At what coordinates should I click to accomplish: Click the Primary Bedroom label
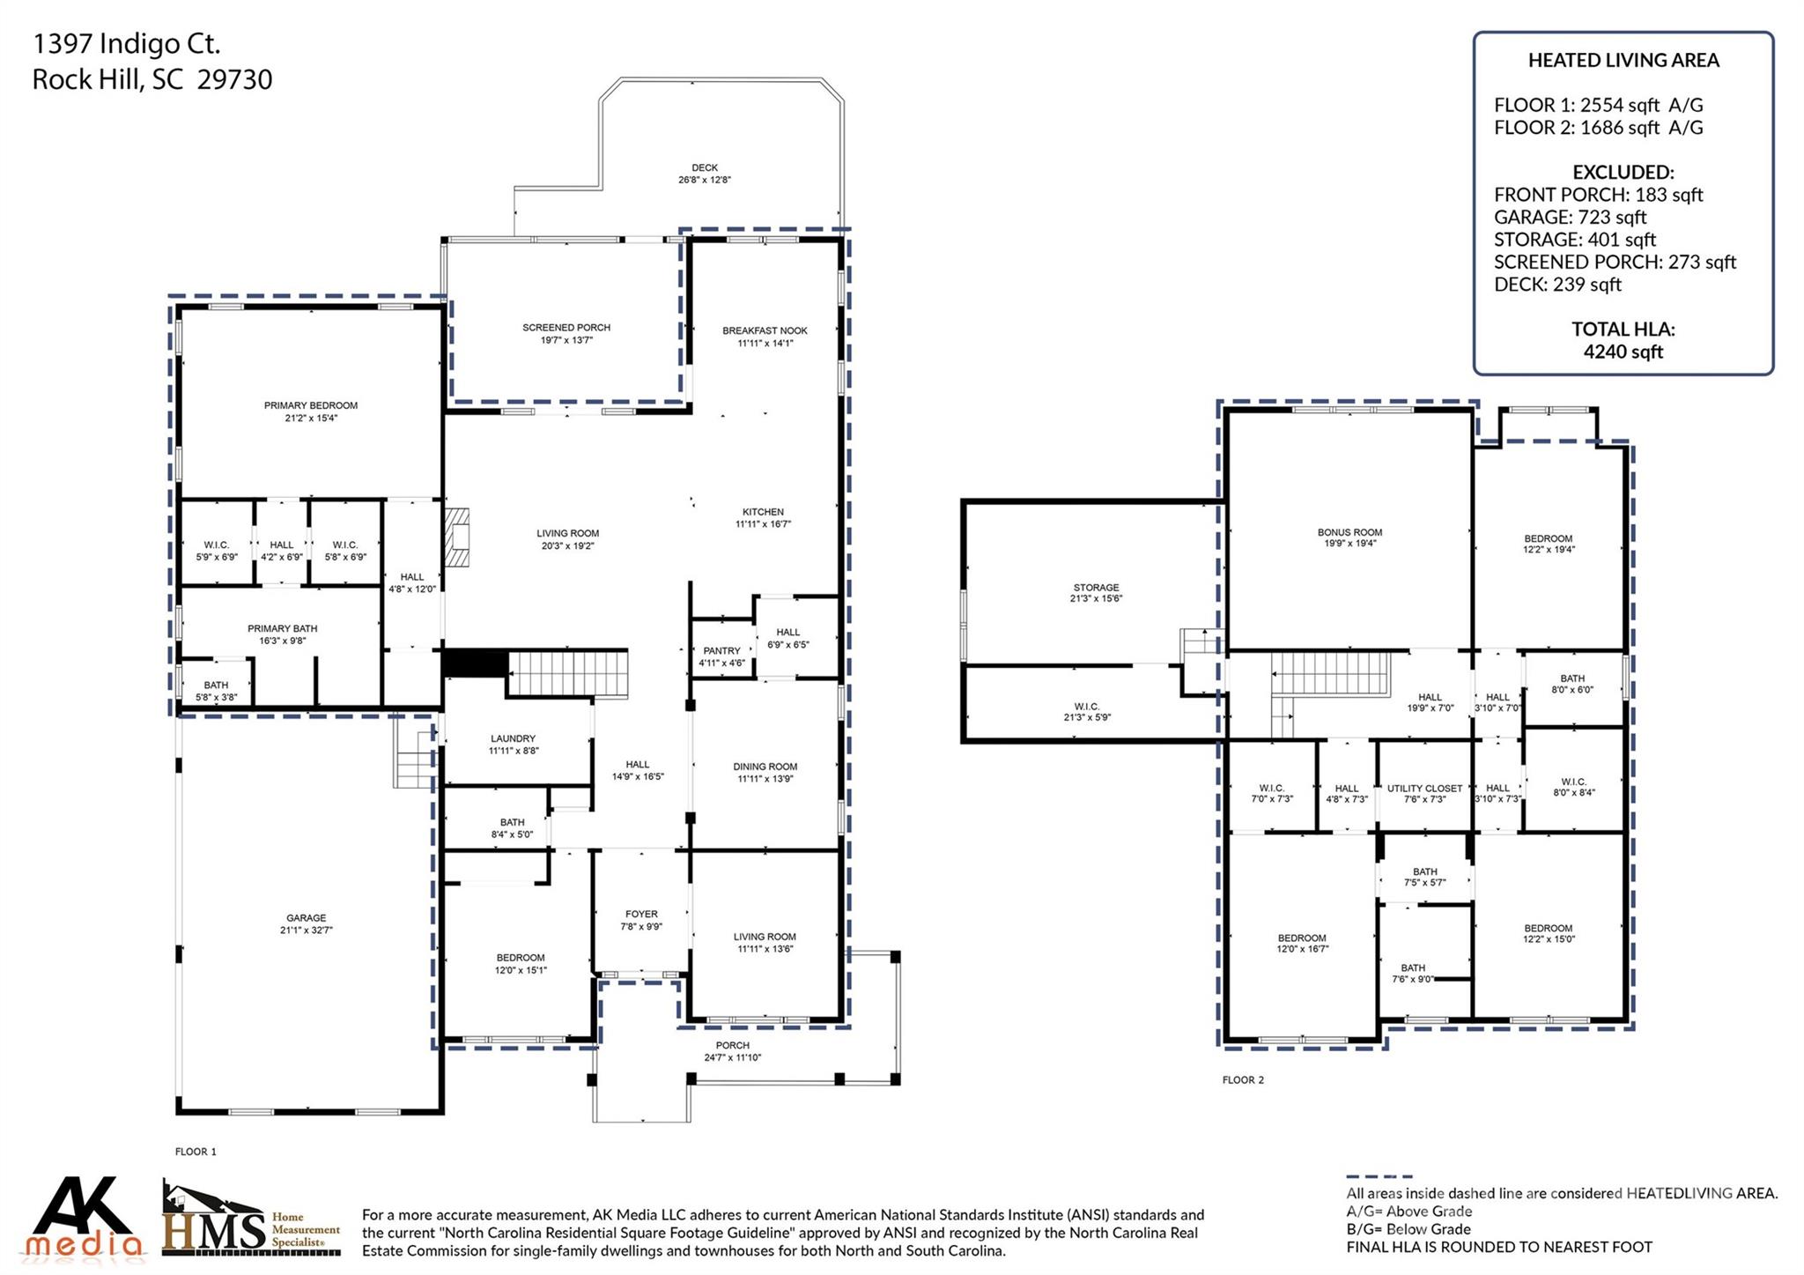[311, 406]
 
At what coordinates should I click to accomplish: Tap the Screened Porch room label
[566, 328]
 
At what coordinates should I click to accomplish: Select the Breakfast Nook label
[765, 331]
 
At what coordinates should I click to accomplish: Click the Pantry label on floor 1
[721, 651]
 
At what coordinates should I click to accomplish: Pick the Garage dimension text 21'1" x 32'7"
[306, 930]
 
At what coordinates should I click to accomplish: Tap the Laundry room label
[513, 739]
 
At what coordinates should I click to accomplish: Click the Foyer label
[641, 915]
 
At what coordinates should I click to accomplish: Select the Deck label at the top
[705, 167]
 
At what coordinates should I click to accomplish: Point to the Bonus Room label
[1349, 532]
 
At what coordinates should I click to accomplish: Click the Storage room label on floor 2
[1096, 588]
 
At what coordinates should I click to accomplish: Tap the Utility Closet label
[1424, 789]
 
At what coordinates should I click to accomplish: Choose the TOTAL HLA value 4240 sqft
[1623, 352]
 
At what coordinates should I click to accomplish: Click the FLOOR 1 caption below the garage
[196, 1152]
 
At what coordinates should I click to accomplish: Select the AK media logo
[84, 1218]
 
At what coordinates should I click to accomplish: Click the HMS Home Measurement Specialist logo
[251, 1220]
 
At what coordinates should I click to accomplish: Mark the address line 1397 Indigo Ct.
[126, 43]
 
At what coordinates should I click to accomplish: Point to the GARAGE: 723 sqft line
[1570, 217]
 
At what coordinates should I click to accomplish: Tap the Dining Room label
[765, 767]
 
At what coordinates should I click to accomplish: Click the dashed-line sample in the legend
[1379, 1176]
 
